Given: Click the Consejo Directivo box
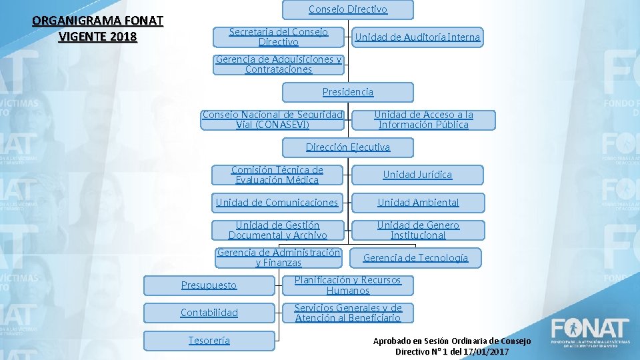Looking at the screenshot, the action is pyautogui.click(x=347, y=9).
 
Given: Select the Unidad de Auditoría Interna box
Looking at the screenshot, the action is pyautogui.click(x=417, y=37).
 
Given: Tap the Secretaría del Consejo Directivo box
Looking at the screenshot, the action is pyautogui.click(x=279, y=37).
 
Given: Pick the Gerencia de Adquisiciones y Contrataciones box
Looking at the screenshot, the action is pyautogui.click(x=279, y=64).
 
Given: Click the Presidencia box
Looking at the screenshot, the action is pyautogui.click(x=347, y=92).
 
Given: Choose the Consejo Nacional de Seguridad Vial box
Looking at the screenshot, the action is pyautogui.click(x=273, y=119).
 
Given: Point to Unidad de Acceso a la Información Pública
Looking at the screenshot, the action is pyautogui.click(x=423, y=119).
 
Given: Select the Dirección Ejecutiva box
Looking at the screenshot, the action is pyautogui.click(x=347, y=147).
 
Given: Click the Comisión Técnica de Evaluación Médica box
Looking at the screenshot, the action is pyautogui.click(x=277, y=175).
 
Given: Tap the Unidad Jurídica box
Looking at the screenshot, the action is pyautogui.click(x=417, y=175).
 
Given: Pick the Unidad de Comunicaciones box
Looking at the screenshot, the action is pyautogui.click(x=277, y=203).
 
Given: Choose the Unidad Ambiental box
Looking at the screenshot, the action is pyautogui.click(x=418, y=203).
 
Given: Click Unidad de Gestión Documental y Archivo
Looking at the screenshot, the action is pyautogui.click(x=278, y=230).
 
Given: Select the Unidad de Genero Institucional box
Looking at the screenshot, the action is pyautogui.click(x=418, y=230).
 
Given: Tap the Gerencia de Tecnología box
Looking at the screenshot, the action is pyautogui.click(x=415, y=258).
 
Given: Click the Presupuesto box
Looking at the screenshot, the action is pyautogui.click(x=209, y=285).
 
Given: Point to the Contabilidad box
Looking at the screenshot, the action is pyautogui.click(x=209, y=313).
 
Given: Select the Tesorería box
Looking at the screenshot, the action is pyautogui.click(x=209, y=341).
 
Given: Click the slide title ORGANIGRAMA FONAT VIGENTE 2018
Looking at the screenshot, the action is pyautogui.click(x=97, y=29).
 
